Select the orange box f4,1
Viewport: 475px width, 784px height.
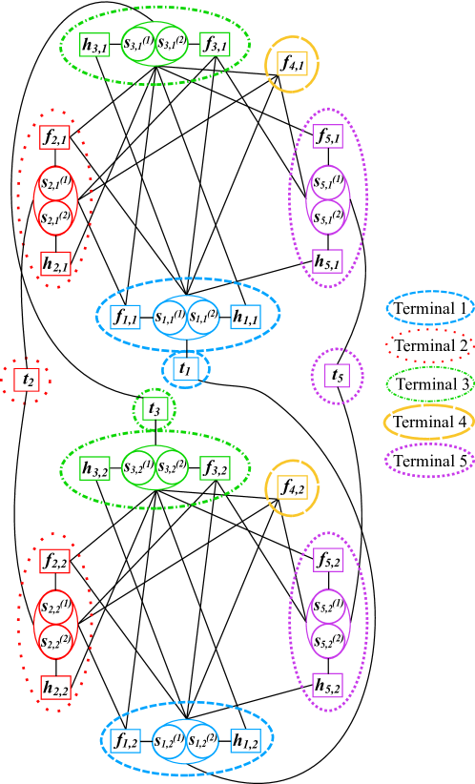(292, 64)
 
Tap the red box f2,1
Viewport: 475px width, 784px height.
(55, 138)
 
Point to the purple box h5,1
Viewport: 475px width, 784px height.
(328, 259)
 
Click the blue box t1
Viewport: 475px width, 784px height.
(185, 369)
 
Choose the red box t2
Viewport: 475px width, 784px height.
(29, 381)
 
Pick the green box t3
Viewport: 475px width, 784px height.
(155, 409)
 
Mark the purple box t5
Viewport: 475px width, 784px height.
(335, 376)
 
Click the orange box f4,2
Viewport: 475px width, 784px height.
(292, 486)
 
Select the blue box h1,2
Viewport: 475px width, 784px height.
(246, 739)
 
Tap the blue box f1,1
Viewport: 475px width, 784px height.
(126, 317)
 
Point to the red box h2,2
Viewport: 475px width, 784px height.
(55, 687)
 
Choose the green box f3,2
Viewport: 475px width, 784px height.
(215, 468)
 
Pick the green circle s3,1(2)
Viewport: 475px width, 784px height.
(173, 44)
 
